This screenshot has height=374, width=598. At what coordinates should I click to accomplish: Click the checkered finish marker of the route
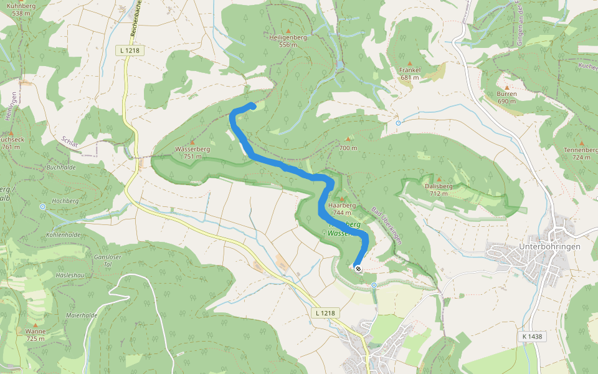click(358, 268)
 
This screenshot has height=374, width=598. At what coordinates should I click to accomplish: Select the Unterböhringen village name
click(549, 247)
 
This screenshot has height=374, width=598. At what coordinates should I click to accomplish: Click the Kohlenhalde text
click(64, 234)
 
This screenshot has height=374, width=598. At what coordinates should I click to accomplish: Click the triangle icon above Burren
click(507, 87)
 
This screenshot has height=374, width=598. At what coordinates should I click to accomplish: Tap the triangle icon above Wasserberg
click(192, 142)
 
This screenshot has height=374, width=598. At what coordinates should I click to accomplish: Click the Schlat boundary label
click(70, 142)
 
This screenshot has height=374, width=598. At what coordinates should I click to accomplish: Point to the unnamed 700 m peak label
click(348, 148)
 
